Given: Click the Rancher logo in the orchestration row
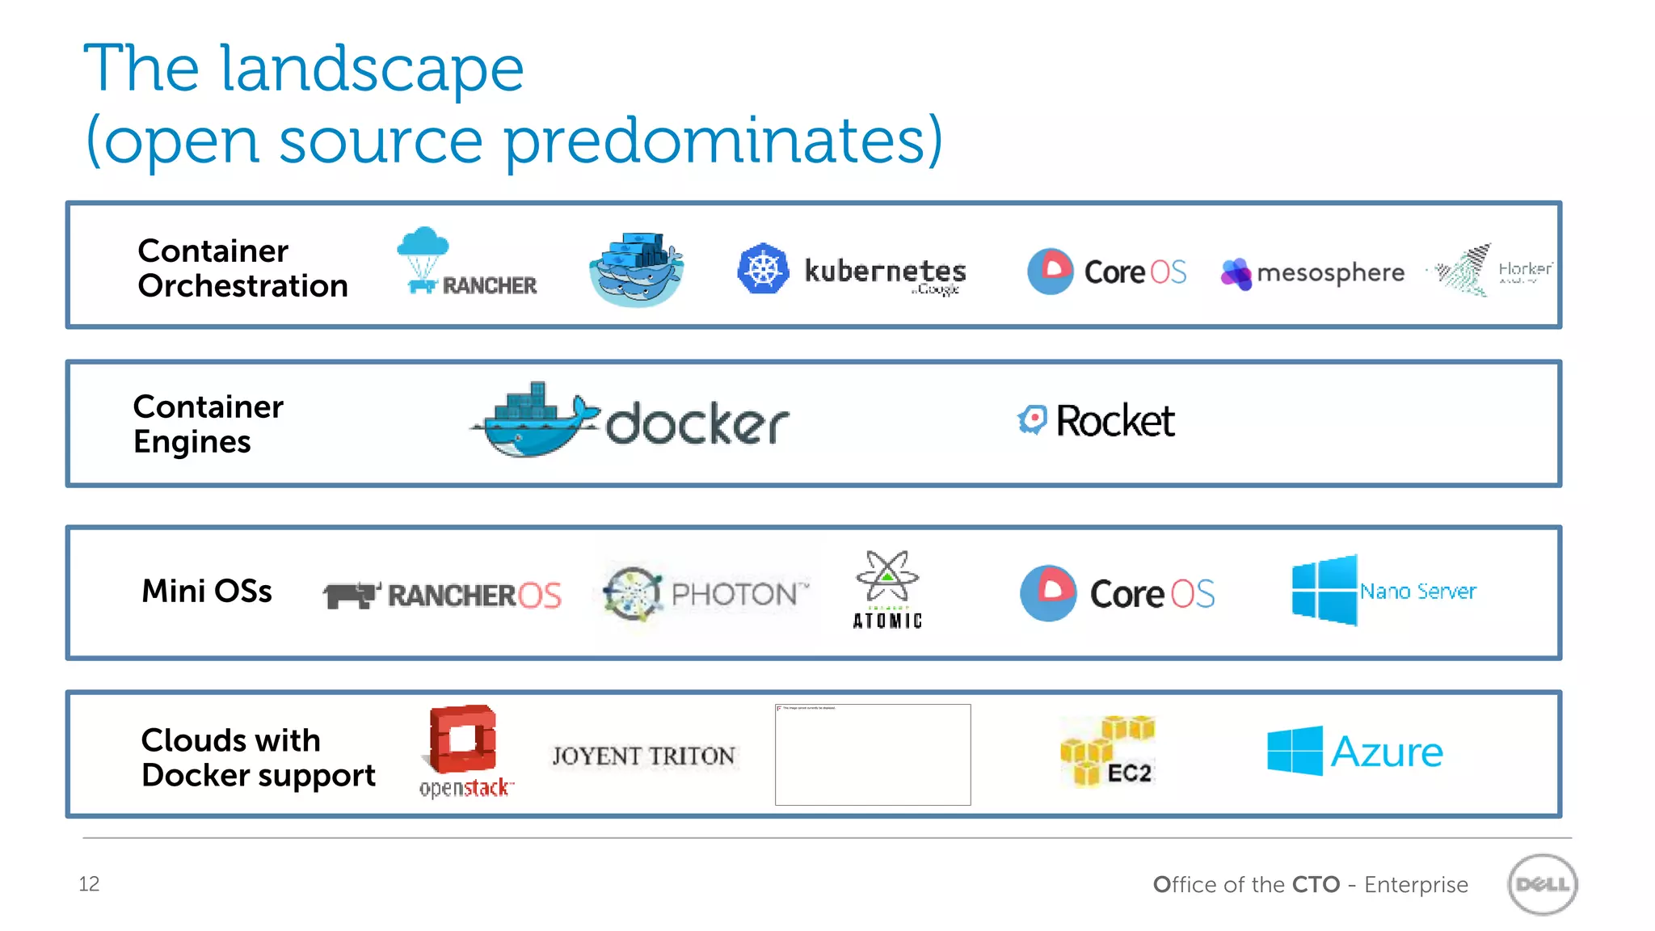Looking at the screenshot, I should pos(466,263).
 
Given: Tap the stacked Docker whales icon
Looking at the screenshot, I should pos(637,268).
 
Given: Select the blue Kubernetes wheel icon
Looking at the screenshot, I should pos(762,269).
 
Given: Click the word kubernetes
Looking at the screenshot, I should pos(885,271).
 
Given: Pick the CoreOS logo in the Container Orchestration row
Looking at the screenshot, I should pos(1106,272).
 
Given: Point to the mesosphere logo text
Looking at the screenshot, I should pos(1330,273).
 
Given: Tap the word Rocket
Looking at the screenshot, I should pos(1115,421).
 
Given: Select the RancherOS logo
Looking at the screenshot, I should pos(442,596).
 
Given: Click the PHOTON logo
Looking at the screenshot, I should pos(705,594).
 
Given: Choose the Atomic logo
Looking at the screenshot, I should pos(887,589).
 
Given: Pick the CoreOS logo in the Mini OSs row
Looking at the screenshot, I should pos(1117,594).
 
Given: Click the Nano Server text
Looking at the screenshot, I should pos(1417,592).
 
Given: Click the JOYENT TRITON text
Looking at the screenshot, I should pos(643,756).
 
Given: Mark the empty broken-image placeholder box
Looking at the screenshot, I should pos(873,755).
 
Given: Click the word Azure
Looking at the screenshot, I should pos(1386,752).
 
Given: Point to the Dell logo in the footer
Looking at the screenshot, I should pos(1542,884).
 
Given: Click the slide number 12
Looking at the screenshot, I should pos(89,884).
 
